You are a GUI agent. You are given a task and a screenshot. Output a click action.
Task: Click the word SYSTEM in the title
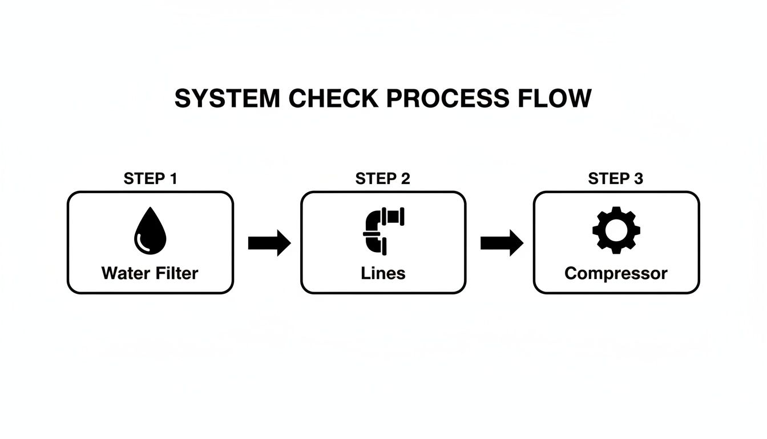click(x=227, y=98)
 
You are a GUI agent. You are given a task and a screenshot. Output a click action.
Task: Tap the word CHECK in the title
click(x=333, y=98)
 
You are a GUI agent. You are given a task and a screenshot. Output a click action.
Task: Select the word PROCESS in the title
click(x=447, y=98)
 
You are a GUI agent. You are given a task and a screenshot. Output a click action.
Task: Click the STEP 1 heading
click(x=150, y=179)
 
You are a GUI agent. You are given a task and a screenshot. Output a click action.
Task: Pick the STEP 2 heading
click(x=382, y=179)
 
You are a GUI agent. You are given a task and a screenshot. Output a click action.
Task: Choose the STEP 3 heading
click(x=615, y=179)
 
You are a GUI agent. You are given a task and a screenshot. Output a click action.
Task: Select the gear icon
click(x=616, y=230)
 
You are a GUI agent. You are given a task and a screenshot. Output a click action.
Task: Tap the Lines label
click(x=383, y=273)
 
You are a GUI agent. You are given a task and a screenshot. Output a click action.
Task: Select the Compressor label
click(x=616, y=273)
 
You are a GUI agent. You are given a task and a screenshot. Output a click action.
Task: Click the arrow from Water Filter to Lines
click(x=269, y=243)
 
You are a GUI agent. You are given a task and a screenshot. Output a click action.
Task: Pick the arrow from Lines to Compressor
click(x=502, y=243)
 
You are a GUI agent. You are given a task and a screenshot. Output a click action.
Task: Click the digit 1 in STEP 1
click(x=172, y=179)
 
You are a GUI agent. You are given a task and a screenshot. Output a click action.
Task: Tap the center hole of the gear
click(x=616, y=230)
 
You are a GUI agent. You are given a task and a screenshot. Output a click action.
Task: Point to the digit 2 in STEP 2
click(x=405, y=179)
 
